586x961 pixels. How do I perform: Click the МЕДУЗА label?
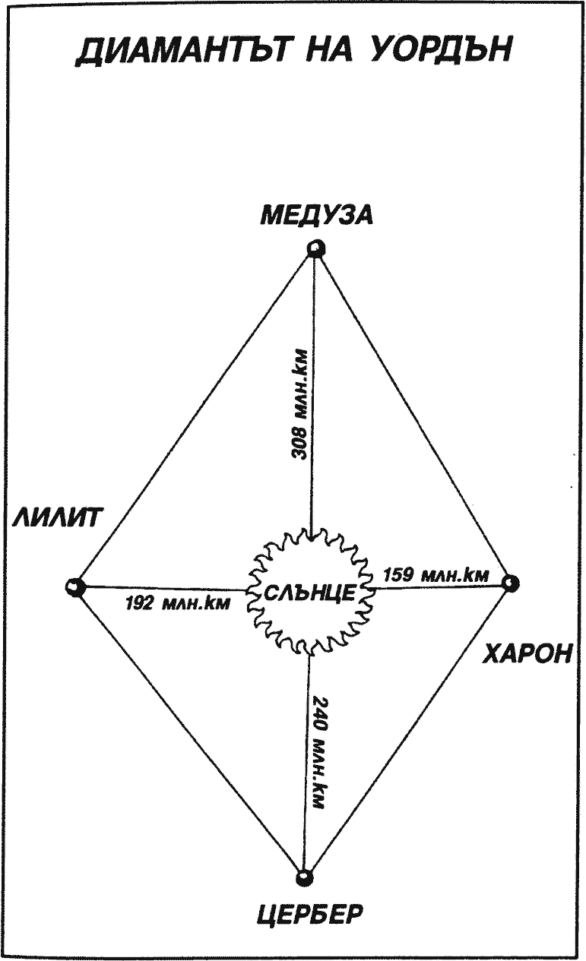317,215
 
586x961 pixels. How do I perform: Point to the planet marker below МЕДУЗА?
314,248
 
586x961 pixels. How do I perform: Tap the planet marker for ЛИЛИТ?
74,586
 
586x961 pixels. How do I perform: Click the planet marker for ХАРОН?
511,583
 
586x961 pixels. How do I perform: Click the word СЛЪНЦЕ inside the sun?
310,593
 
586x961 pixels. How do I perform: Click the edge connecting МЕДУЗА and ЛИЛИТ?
195,417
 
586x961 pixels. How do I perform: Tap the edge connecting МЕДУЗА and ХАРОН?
413,416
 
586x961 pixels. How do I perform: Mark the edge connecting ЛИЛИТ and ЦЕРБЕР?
189,732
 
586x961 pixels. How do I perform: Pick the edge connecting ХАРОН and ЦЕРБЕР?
407,730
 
